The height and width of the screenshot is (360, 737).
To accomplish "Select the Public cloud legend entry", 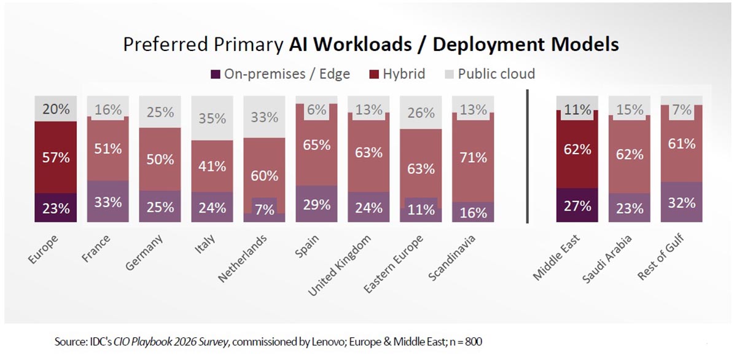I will pos(489,74).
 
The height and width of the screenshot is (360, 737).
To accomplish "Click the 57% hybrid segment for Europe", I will pos(56,157).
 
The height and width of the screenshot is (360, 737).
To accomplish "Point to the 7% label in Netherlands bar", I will pos(265,210).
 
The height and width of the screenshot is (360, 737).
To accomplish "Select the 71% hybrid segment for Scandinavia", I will pos(473,157).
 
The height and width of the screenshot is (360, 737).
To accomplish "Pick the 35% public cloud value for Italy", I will pos(212,118).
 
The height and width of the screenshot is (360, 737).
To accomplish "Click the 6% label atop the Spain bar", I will pos(317,109).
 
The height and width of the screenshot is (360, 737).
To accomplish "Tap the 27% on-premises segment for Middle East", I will pos(577,205).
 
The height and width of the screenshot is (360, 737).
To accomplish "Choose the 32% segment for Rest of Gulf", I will pos(681,203).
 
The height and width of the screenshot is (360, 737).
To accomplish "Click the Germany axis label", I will pos(145,254).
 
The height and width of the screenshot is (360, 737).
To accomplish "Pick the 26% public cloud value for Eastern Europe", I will pos(421,113).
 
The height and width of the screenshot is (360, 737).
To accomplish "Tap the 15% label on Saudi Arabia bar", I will pos(629,111).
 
